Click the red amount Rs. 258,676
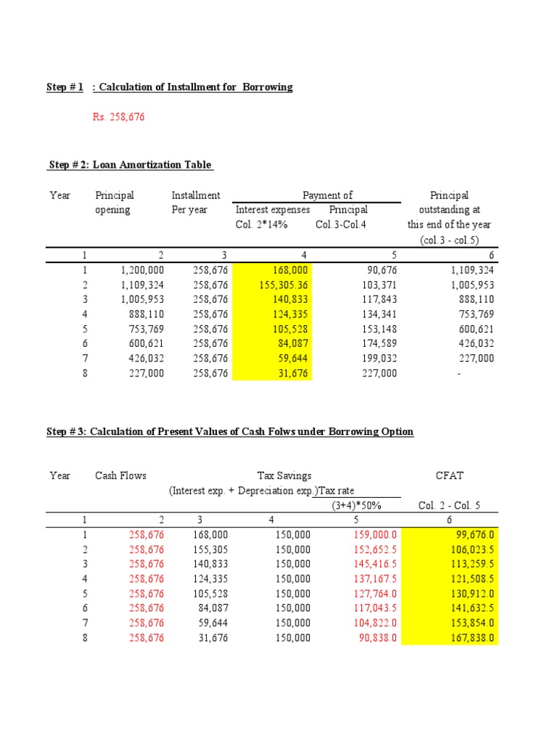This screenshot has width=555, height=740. [118, 117]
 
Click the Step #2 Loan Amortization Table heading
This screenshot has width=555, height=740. [130, 165]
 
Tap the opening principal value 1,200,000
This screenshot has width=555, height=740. [140, 270]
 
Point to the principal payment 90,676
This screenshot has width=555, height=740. [380, 270]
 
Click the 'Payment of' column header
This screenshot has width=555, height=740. [327, 195]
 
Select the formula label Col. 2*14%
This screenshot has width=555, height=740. [262, 224]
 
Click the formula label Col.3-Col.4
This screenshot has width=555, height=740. [341, 224]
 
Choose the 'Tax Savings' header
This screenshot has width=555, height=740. [285, 476]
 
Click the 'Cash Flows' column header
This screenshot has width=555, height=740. [121, 476]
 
